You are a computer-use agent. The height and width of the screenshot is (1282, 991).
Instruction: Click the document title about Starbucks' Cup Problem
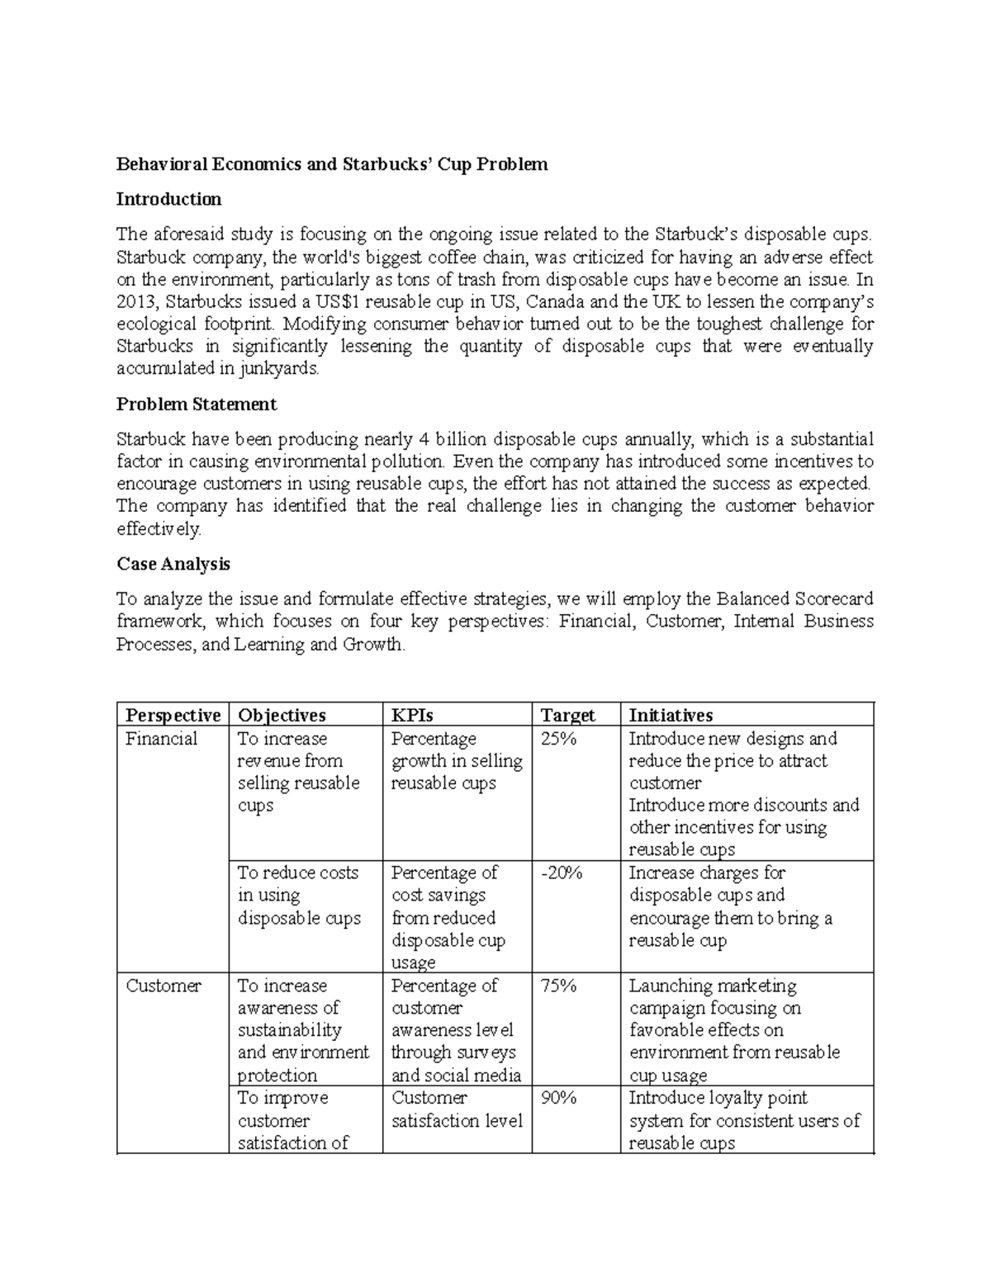pyautogui.click(x=332, y=164)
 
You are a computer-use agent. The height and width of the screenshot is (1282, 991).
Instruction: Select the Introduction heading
pyautogui.click(x=168, y=199)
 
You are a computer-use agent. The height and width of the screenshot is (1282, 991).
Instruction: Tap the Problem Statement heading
pyautogui.click(x=197, y=404)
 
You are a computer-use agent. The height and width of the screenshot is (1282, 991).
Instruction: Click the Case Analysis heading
pyautogui.click(x=173, y=564)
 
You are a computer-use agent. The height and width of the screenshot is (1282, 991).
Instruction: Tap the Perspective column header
pyautogui.click(x=173, y=715)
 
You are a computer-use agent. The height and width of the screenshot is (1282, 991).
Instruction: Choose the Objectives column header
pyautogui.click(x=282, y=715)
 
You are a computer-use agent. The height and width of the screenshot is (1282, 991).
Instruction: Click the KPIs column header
pyautogui.click(x=412, y=715)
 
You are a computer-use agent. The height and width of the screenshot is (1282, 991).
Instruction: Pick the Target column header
pyautogui.click(x=567, y=715)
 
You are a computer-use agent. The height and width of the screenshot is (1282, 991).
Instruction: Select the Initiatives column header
pyautogui.click(x=671, y=715)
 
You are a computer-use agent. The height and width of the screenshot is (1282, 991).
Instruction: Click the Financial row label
pyautogui.click(x=162, y=739)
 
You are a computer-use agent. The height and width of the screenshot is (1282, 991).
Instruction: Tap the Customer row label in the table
pyautogui.click(x=164, y=986)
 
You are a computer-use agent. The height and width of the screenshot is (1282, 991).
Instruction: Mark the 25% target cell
pyautogui.click(x=558, y=739)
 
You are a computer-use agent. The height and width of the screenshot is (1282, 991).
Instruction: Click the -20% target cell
pyautogui.click(x=562, y=873)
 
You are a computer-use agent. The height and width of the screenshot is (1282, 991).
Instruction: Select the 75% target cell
pyautogui.click(x=558, y=986)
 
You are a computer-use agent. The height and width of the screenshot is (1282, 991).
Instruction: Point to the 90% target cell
pyautogui.click(x=558, y=1098)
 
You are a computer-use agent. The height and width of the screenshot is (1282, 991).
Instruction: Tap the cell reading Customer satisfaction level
pyautogui.click(x=457, y=1109)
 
